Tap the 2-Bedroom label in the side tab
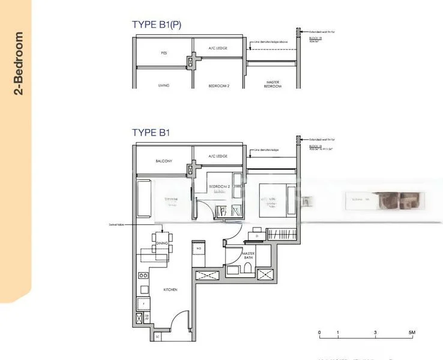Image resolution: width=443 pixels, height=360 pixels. [19, 64]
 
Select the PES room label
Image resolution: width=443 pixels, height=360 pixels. [164, 53]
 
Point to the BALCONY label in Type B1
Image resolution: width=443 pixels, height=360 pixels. [164, 161]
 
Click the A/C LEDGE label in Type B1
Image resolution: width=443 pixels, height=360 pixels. [218, 156]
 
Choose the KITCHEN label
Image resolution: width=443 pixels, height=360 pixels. [170, 290]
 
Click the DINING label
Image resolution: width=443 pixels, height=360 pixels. [161, 243]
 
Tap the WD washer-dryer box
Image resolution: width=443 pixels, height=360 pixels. [199, 248]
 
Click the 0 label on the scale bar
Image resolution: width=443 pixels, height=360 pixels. [319, 332]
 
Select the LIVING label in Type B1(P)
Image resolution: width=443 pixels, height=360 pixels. [164, 86]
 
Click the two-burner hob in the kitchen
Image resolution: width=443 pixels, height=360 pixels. [143, 275]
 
